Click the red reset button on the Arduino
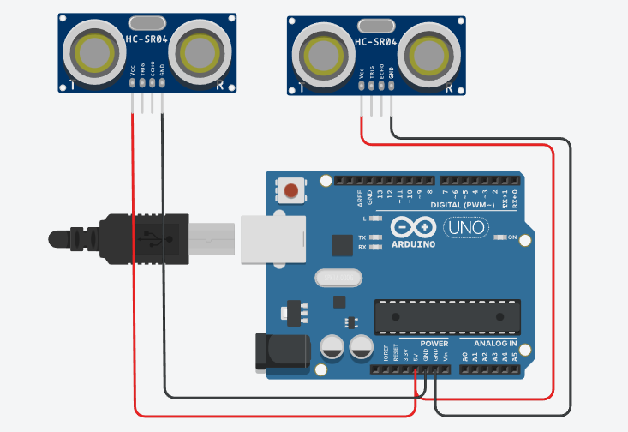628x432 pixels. coord(292,189)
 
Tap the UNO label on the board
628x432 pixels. coord(465,229)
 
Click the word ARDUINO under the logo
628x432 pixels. coord(413,244)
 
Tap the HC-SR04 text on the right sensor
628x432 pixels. coord(376,40)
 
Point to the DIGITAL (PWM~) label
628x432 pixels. coord(468,206)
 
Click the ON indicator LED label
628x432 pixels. coord(513,237)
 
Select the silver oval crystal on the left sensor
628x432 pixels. coord(146,21)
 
